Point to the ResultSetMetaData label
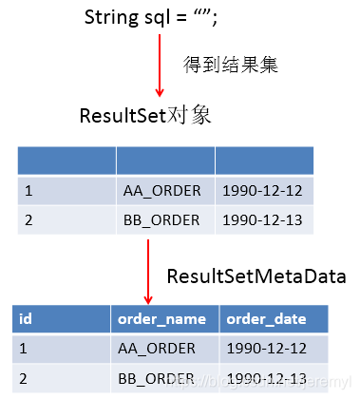(256, 276)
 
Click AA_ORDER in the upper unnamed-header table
(161, 190)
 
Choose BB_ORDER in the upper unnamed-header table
(161, 219)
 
